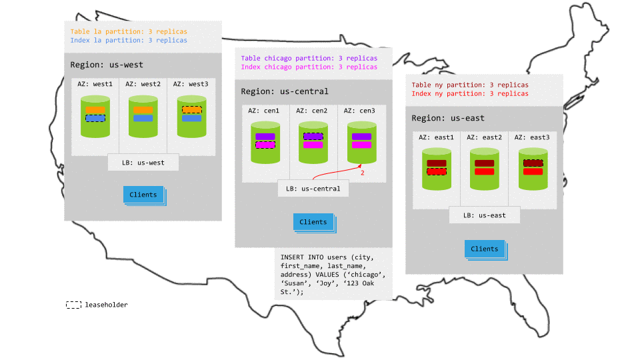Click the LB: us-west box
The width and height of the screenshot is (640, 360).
click(x=143, y=162)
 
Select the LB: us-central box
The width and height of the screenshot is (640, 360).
click(x=313, y=189)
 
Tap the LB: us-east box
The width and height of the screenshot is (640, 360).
click(x=483, y=215)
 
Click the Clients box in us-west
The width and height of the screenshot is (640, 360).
click(x=143, y=195)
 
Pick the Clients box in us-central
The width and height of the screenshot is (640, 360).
click(x=313, y=222)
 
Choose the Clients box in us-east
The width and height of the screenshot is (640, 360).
click(x=485, y=249)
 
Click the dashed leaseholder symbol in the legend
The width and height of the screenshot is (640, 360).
click(x=73, y=305)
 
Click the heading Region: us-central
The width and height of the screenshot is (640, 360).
click(x=285, y=91)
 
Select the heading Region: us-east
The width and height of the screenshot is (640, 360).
click(x=448, y=118)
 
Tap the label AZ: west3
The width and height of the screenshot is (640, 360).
click(x=190, y=84)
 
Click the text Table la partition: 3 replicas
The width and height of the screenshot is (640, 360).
click(x=129, y=31)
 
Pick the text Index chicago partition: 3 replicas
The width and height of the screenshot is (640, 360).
click(x=309, y=67)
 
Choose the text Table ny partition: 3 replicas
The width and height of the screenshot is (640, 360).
click(x=469, y=85)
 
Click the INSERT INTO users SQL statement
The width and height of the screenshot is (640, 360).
click(x=332, y=274)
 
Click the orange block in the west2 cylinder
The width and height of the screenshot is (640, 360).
click(x=143, y=109)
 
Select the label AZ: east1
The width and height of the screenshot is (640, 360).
click(x=436, y=137)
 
